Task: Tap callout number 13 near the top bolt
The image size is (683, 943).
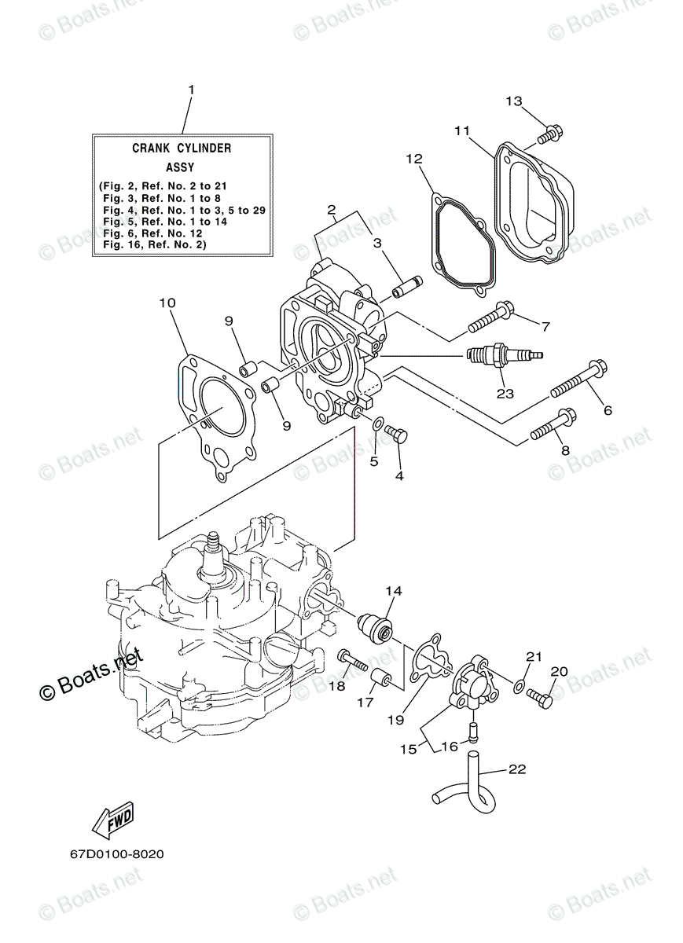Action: tap(513, 101)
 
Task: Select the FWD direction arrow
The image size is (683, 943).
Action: tap(112, 820)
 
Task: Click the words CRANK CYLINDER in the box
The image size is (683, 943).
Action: tap(182, 147)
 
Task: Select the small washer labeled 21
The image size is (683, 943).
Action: tap(519, 686)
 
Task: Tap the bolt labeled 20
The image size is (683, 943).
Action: tap(542, 694)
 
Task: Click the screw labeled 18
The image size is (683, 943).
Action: tap(353, 661)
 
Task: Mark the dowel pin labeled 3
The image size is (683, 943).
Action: tap(407, 288)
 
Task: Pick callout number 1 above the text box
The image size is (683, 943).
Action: tap(189, 91)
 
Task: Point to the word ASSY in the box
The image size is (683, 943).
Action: tap(182, 167)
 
